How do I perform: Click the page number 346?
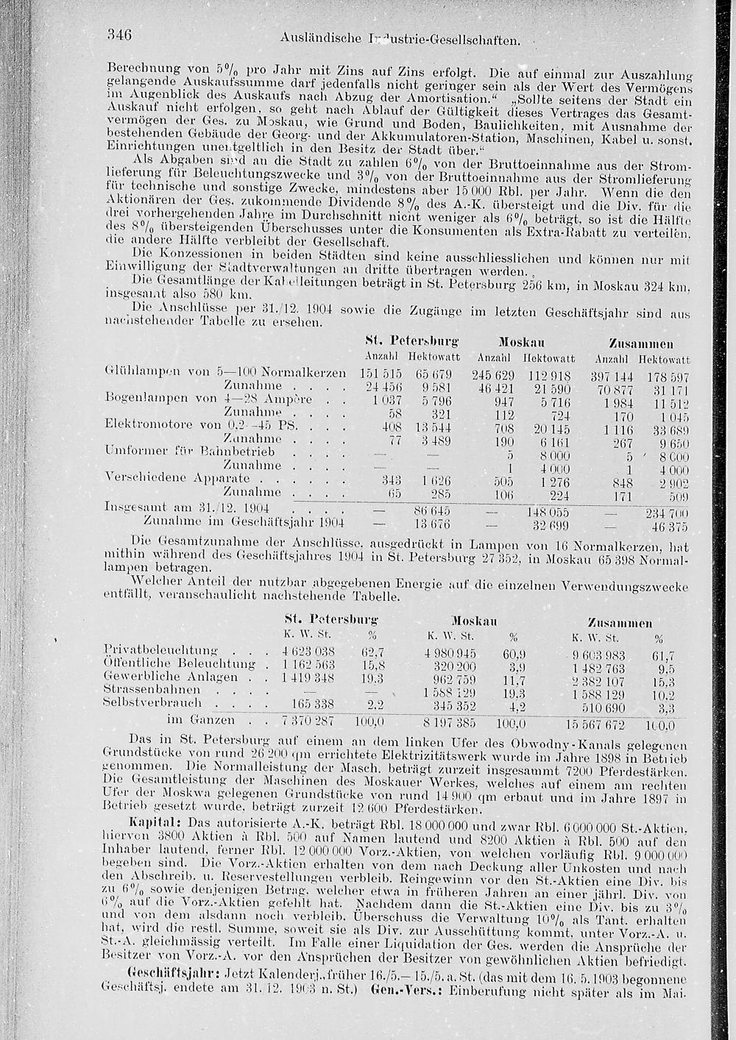tap(118, 34)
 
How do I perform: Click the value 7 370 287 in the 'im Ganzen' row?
tap(308, 721)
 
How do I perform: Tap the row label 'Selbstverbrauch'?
tap(154, 704)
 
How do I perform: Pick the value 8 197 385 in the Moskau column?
tap(451, 722)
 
